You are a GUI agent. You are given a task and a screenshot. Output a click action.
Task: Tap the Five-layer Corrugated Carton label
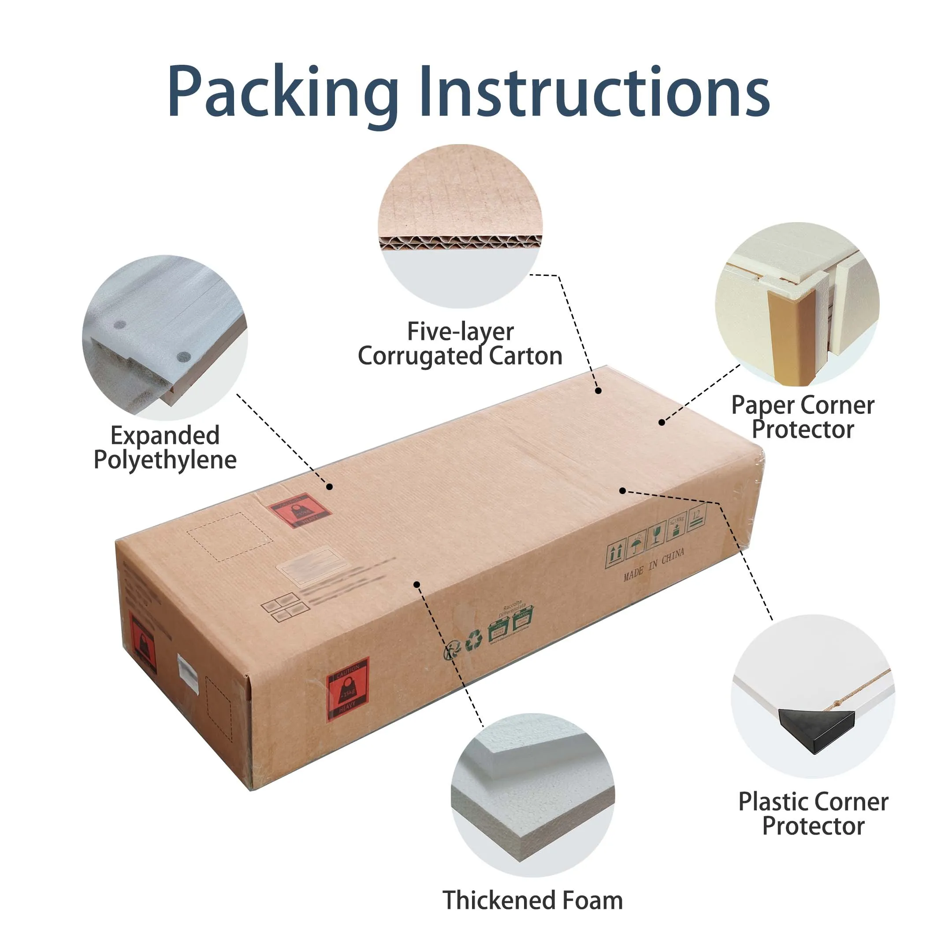460,344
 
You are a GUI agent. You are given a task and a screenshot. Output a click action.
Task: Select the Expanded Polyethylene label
165,447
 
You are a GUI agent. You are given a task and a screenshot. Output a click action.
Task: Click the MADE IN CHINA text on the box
654,564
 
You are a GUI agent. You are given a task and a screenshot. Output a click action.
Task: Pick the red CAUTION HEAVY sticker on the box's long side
347,689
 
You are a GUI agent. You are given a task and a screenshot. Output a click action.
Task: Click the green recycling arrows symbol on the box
473,640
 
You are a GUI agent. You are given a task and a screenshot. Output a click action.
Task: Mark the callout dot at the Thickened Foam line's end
416,584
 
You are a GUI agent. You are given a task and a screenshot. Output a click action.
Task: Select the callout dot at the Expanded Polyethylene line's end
329,487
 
